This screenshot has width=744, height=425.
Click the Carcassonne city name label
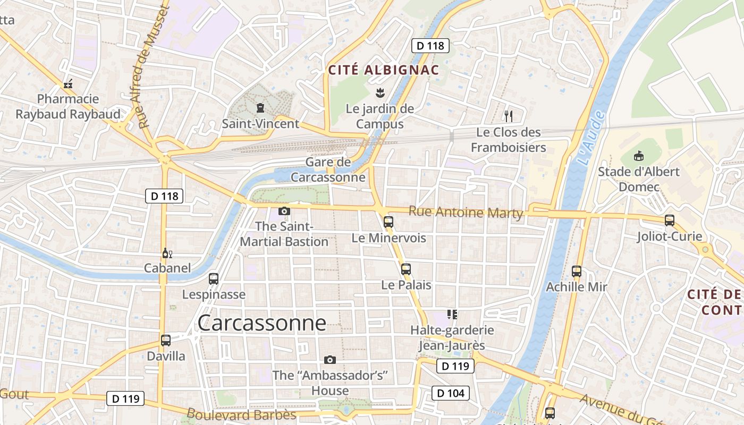(x=261, y=323)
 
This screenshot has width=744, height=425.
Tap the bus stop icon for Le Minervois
(x=388, y=222)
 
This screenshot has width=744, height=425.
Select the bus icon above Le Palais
(x=406, y=269)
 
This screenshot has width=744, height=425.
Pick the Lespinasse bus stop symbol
(x=214, y=279)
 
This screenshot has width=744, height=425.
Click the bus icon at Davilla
(x=166, y=341)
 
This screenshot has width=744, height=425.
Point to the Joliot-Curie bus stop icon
(x=670, y=220)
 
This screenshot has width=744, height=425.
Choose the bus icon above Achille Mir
(x=577, y=271)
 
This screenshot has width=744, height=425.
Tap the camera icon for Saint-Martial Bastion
(x=284, y=211)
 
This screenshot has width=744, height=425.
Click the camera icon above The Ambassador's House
(x=330, y=360)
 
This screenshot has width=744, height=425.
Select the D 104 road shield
(x=451, y=393)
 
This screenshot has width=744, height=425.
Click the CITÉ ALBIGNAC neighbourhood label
(x=384, y=70)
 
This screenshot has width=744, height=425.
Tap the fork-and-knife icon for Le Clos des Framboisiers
(x=509, y=116)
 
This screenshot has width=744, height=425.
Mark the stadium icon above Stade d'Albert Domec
(x=639, y=156)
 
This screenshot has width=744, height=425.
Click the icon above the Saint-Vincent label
(x=260, y=108)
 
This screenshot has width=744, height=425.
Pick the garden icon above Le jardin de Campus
(x=379, y=93)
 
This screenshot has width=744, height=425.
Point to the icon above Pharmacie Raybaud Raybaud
(x=68, y=84)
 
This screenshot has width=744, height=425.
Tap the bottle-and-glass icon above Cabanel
(x=167, y=253)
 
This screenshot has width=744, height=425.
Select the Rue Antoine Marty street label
(x=466, y=212)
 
